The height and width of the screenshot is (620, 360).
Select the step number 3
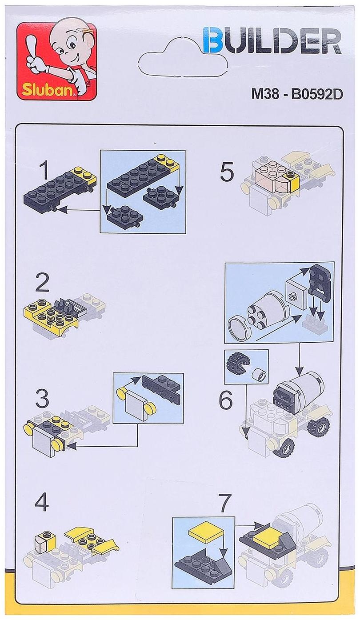pos(42,399)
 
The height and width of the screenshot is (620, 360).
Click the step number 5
pos(227,172)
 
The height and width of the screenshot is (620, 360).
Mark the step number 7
pos(225,503)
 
